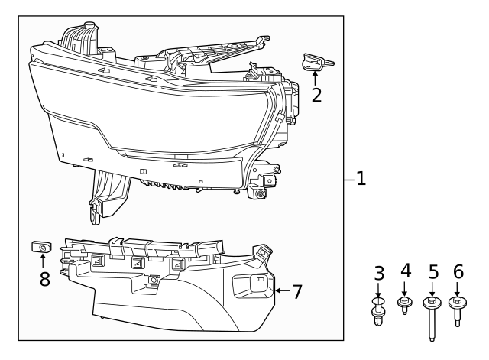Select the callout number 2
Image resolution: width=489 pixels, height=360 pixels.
click(316, 95)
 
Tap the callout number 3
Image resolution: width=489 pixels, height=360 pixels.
click(378, 273)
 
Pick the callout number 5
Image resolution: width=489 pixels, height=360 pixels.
click(432, 271)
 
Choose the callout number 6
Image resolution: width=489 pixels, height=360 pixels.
click(458, 271)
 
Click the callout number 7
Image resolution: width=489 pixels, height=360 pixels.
click(298, 291)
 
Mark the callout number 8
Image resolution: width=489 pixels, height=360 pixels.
click(44, 278)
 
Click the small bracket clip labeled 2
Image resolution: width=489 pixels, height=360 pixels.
click(315, 63)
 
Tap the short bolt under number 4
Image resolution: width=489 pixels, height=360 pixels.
click(406, 306)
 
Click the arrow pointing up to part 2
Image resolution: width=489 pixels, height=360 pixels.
click(315, 78)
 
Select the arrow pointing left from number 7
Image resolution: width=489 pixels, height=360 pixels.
click(281, 290)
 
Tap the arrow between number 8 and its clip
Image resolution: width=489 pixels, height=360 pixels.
click(43, 261)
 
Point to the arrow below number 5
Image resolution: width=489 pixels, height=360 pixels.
click(432, 289)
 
